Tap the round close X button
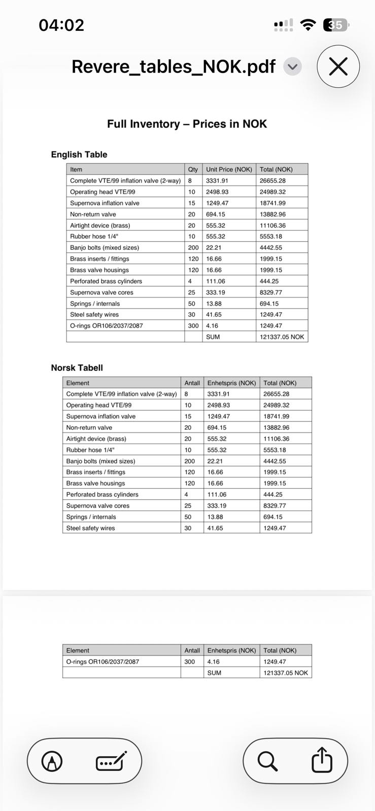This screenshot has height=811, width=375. click(338, 66)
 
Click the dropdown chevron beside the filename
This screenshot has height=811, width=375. click(292, 66)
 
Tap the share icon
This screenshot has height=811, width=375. click(322, 761)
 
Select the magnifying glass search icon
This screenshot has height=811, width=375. click(267, 761)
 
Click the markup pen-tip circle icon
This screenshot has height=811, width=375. click(52, 761)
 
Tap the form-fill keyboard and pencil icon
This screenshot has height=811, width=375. click(111, 761)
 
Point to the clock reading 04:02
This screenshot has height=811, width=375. click(61, 25)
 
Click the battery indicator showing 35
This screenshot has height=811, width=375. click(336, 25)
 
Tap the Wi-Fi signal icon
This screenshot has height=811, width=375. click(308, 25)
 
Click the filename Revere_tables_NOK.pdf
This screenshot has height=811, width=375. click(173, 66)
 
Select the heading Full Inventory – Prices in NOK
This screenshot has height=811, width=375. click(187, 124)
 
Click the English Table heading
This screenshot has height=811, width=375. click(79, 155)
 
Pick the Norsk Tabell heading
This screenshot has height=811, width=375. click(77, 368)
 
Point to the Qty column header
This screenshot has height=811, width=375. click(193, 169)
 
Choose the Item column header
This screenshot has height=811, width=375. click(76, 169)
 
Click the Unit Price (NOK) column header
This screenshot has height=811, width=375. click(229, 169)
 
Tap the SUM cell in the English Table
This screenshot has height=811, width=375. click(213, 337)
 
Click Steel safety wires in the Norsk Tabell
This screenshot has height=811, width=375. click(90, 528)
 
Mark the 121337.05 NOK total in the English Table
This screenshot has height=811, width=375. click(282, 337)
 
